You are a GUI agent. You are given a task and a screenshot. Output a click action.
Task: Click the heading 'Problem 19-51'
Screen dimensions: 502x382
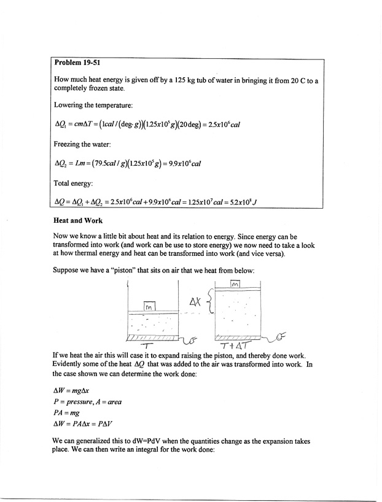pos(77,62)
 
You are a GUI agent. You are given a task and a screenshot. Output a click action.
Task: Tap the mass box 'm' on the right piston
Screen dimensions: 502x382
pos(236,284)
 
